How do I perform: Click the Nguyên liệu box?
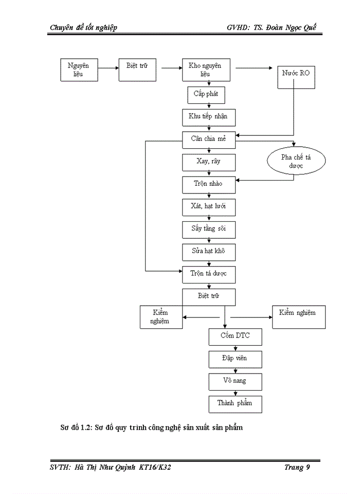[79, 70]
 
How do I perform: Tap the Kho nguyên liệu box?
[209, 70]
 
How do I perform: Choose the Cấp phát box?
[206, 95]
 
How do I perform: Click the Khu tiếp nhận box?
[208, 117]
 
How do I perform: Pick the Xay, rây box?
[208, 162]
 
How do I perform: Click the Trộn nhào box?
[208, 184]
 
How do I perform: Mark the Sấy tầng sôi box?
[208, 229]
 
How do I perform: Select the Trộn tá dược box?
[208, 274]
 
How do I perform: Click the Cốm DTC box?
[236, 337]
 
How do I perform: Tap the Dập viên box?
[236, 359]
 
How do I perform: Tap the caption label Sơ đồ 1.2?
[75, 428]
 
